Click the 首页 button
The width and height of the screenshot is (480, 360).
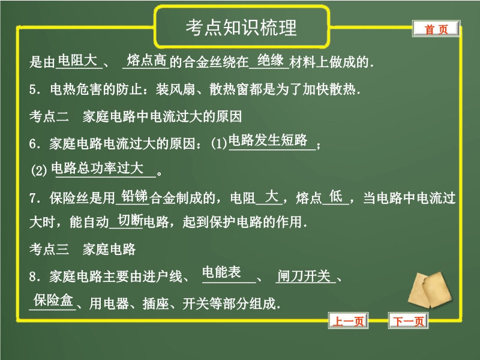[436, 29]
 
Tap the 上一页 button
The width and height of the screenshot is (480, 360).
[349, 321]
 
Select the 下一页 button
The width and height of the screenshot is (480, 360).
[409, 321]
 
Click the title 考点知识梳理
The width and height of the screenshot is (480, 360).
[241, 28]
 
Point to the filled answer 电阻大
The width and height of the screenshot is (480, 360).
[77, 60]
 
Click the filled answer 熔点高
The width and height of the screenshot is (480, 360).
[147, 60]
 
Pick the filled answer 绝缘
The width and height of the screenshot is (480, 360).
[271, 60]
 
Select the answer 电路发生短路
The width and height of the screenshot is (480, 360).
[268, 140]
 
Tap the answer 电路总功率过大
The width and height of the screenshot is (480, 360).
[97, 168]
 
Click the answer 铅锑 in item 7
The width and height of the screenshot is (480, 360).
[134, 196]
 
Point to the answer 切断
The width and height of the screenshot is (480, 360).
[131, 220]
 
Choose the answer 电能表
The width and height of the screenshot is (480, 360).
[221, 272]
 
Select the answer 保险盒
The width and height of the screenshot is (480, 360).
[53, 299]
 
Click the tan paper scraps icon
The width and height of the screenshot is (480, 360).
[430, 289]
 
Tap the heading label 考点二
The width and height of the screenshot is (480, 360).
[49, 116]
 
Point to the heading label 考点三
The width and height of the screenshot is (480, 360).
[49, 249]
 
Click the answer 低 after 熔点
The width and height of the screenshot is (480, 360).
[336, 196]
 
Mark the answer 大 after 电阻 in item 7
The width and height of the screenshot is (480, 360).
[272, 196]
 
